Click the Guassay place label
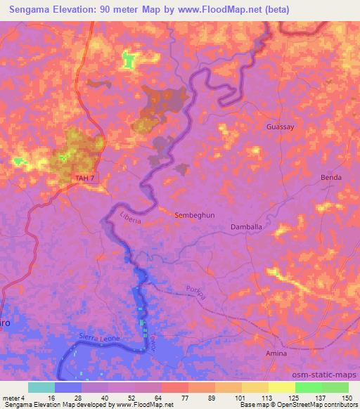pos(281,127)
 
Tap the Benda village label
pos(331,178)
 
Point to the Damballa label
pos(247,228)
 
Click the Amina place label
pos(276,353)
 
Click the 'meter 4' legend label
pos(13,397)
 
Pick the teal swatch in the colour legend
pos(41,387)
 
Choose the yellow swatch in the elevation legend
pos(281,387)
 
